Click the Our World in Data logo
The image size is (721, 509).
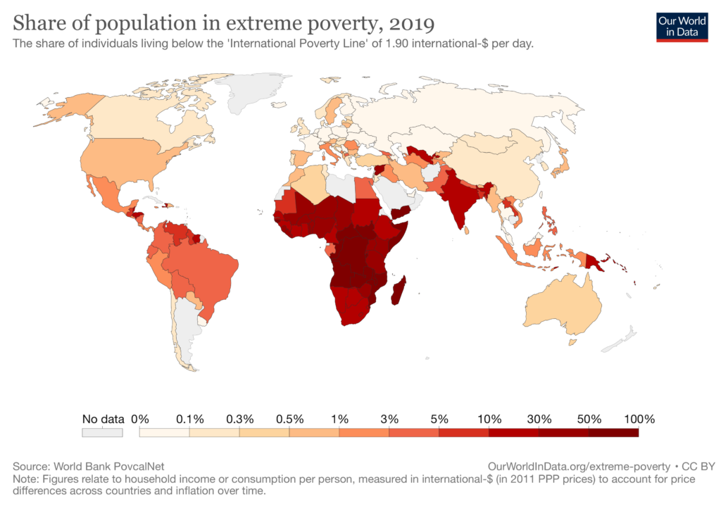click(x=682, y=26)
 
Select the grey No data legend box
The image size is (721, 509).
click(x=102, y=433)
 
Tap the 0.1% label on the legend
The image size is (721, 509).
click(x=189, y=419)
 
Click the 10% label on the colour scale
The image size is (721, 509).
click(x=489, y=419)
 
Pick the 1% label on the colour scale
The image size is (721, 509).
click(x=339, y=419)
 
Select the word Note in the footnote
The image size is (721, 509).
click(x=25, y=479)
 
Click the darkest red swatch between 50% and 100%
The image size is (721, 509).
click(x=614, y=433)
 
